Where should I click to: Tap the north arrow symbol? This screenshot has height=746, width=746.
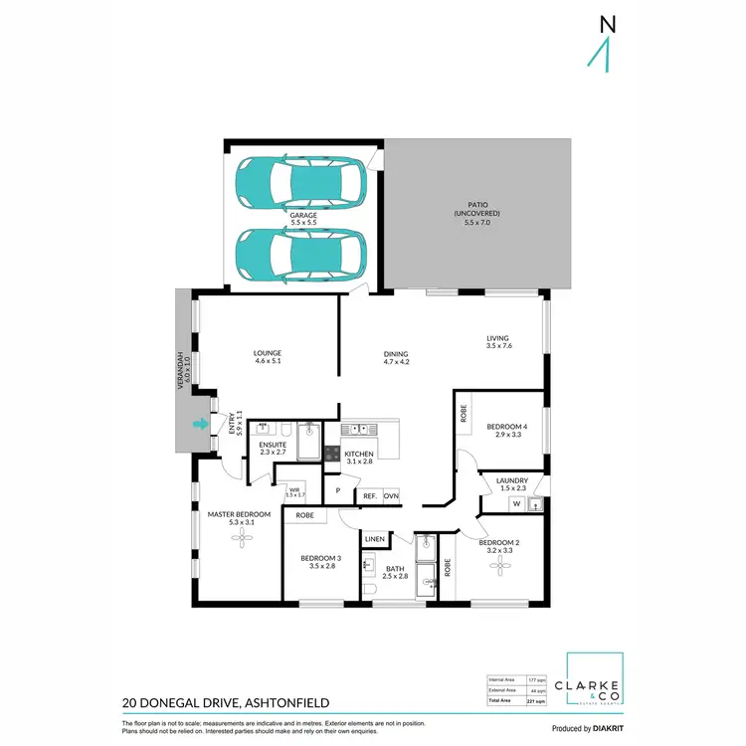599,44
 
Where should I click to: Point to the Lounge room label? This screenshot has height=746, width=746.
267,356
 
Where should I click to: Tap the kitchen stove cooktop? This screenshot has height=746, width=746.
330,453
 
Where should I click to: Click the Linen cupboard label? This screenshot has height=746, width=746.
374,538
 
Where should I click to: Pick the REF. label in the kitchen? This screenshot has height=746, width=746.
367,494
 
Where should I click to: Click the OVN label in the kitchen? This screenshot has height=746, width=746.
391,494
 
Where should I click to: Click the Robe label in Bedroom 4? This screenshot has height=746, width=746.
464,414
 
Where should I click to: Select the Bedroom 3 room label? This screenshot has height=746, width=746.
321,562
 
